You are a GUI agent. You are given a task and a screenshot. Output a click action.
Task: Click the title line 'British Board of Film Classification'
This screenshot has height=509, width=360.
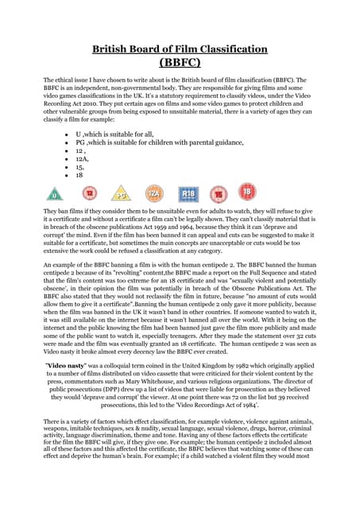pyautogui.click(x=180, y=49)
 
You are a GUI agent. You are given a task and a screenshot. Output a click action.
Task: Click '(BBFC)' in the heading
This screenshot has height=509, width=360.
pyautogui.click(x=180, y=62)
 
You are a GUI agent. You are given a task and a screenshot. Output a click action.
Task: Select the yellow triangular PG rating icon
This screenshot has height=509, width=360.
pyautogui.click(x=122, y=192)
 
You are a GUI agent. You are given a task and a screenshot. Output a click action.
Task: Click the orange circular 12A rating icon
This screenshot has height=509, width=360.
pyautogui.click(x=155, y=192)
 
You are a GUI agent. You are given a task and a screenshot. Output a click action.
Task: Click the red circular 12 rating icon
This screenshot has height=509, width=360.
pyautogui.click(x=90, y=192)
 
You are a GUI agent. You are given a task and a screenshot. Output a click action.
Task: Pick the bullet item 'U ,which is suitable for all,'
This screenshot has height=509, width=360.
pyautogui.click(x=120, y=134)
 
